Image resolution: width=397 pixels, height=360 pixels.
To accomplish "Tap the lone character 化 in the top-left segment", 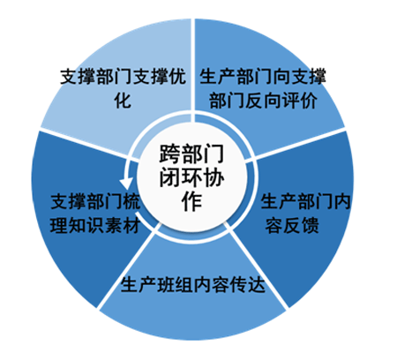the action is [123, 101].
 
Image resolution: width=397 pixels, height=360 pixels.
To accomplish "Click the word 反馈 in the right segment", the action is [301, 226].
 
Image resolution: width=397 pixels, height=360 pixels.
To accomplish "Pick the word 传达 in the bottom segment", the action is [248, 284].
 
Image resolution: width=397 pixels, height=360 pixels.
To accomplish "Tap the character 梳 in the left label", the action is [131, 202].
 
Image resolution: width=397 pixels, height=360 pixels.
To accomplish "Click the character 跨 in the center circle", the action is [170, 154].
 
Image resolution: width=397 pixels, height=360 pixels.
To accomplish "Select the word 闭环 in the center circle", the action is [181, 177].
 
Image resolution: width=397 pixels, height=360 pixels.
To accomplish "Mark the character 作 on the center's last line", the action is [191, 201].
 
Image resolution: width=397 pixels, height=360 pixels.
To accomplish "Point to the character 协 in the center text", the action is [213, 177].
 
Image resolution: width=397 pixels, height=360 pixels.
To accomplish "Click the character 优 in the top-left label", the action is [177, 77].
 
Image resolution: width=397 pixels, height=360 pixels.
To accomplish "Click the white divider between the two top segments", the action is [193, 70].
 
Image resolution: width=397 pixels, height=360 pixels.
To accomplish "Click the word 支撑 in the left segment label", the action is [68, 202].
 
